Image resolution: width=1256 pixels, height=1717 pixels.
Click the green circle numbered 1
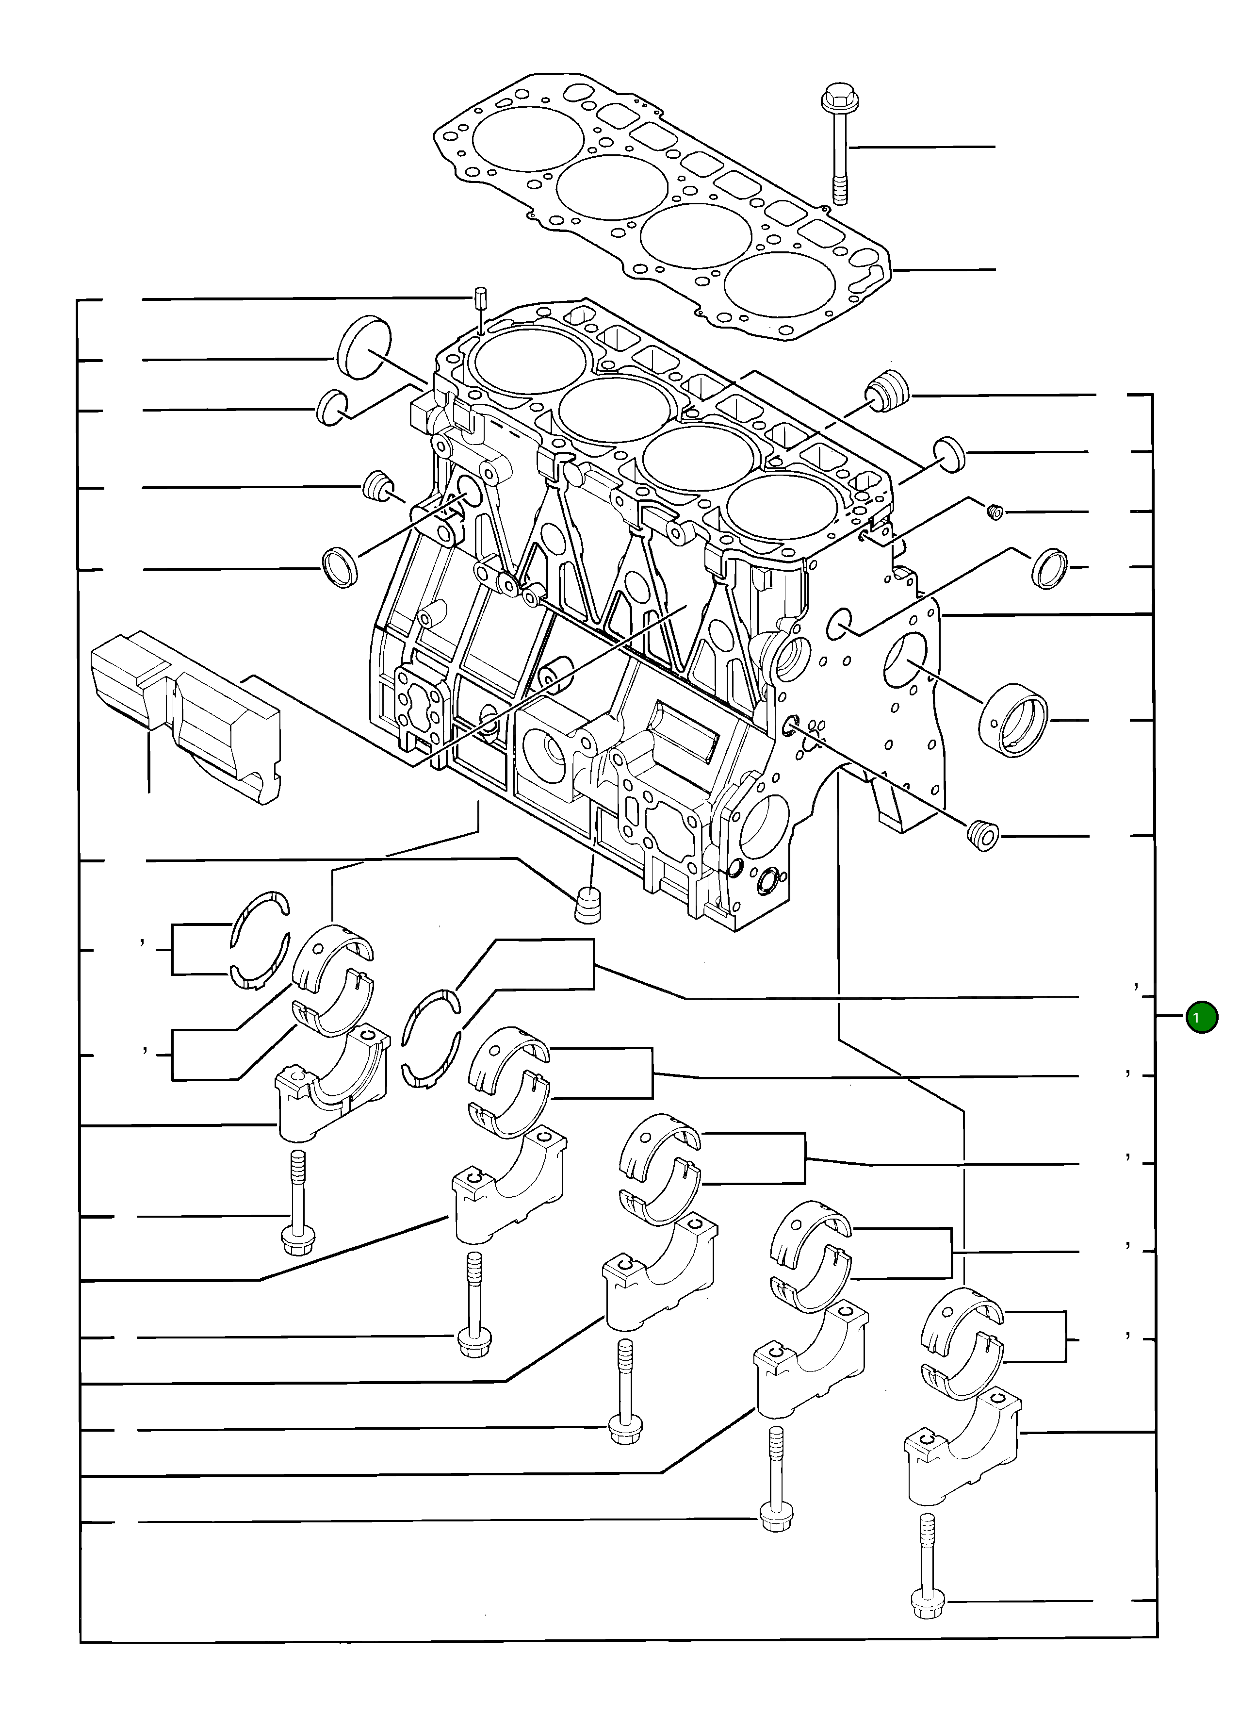point(1201,1017)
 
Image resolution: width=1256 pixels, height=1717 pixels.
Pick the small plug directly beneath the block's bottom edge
point(587,904)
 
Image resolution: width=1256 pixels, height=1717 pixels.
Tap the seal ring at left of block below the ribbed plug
point(340,566)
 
